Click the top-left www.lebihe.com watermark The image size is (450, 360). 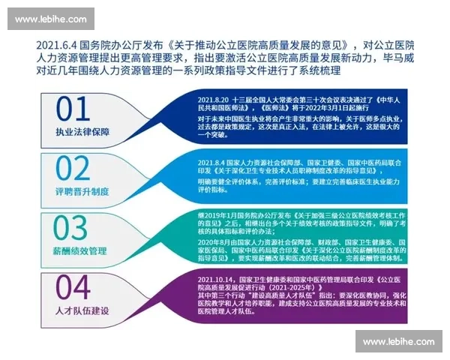point(49,19)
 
